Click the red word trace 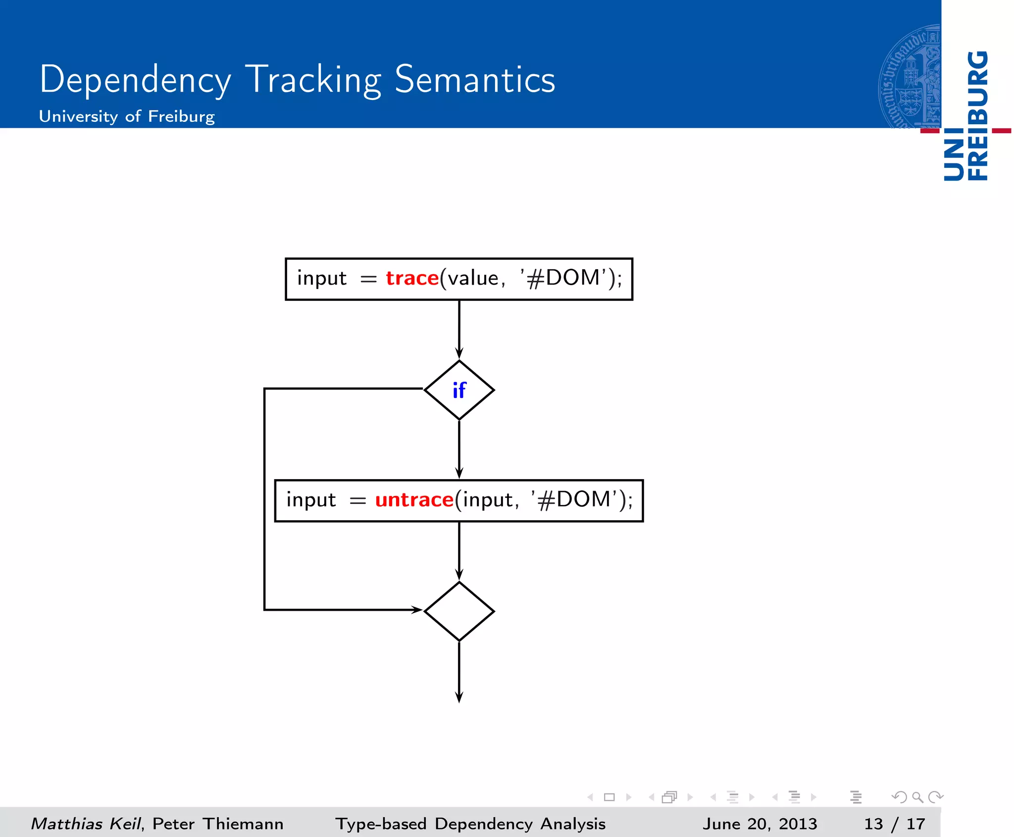click(x=412, y=279)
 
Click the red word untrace click(x=414, y=500)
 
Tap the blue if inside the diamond click(x=459, y=391)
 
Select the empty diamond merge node click(x=459, y=611)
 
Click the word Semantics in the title click(x=475, y=80)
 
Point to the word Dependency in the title click(x=135, y=81)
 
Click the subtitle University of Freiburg click(x=127, y=117)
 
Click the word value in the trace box click(x=472, y=279)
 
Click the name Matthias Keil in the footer click(x=87, y=824)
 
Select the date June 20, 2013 click(x=760, y=824)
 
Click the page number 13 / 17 click(x=894, y=824)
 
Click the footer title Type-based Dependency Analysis click(x=470, y=824)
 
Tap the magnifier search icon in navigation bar click(x=917, y=797)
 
